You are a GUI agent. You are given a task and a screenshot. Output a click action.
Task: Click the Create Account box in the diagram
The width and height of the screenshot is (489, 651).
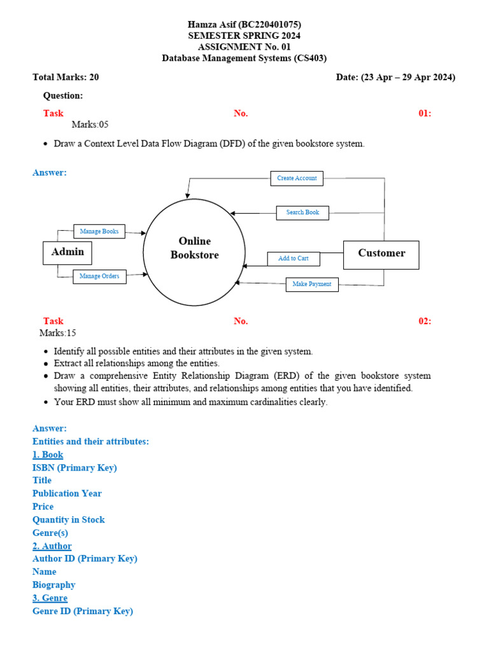(297, 179)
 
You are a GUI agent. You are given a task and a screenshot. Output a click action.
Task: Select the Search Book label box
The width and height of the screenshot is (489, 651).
(302, 212)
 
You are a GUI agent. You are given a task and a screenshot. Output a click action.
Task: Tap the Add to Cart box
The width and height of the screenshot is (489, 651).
(293, 259)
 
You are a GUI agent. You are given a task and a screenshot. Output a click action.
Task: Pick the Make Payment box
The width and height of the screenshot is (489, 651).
(312, 284)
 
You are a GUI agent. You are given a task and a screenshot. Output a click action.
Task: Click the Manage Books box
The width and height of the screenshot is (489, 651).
(99, 231)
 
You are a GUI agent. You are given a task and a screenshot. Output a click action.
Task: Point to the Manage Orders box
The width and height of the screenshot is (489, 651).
(99, 277)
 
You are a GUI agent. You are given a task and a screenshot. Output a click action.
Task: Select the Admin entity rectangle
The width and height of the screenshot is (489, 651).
(67, 252)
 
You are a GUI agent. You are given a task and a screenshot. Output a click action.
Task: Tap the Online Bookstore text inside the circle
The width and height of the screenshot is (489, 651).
(194, 248)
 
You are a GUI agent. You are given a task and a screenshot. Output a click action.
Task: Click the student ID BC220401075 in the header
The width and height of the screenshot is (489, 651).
(269, 25)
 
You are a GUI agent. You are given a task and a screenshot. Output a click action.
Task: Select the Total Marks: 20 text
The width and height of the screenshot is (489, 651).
(66, 78)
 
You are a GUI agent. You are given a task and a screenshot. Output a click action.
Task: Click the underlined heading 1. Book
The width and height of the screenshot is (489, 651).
(48, 455)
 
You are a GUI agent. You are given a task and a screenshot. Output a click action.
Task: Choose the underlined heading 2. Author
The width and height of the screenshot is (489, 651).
(52, 546)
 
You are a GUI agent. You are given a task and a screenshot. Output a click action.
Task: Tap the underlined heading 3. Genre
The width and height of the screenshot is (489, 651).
(50, 598)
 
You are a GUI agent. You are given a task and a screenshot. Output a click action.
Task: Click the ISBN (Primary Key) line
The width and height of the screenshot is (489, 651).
(74, 468)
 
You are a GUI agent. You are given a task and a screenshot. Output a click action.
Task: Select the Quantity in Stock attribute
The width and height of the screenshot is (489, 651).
(69, 520)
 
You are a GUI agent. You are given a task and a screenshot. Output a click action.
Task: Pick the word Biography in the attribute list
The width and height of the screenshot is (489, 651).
(54, 585)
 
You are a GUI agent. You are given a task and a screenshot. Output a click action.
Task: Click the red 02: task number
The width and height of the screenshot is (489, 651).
(425, 321)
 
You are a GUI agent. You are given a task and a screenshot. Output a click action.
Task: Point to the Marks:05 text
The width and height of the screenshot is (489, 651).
(85, 125)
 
